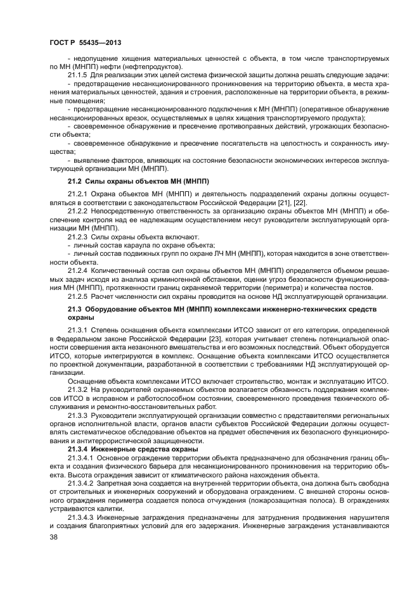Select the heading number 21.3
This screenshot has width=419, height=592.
click(x=76, y=308)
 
